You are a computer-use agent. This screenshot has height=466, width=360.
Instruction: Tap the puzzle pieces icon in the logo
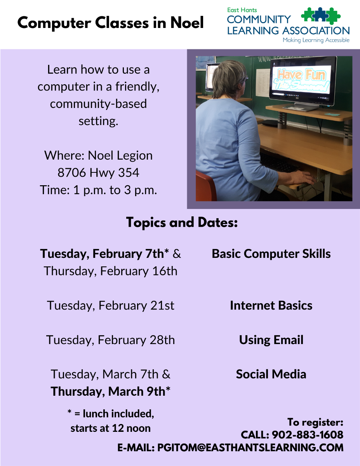tap(320, 16)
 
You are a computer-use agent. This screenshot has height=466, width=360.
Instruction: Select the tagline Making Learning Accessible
tap(316, 40)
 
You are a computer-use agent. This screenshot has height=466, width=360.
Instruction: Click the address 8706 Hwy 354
tap(98, 173)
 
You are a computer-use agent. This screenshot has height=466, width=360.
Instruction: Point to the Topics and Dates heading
tap(182, 223)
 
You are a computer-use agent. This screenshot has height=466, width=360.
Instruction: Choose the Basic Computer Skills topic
tap(271, 254)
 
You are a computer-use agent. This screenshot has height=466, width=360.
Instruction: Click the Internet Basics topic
tap(271, 305)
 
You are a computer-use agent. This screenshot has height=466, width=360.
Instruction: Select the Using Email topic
tap(271, 340)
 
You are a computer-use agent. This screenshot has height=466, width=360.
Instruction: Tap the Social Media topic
tap(271, 374)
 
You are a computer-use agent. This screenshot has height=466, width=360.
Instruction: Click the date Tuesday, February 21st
tap(111, 306)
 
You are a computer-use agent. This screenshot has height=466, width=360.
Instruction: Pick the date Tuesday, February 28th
tap(111, 340)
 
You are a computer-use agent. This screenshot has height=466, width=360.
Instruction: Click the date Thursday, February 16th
tap(111, 271)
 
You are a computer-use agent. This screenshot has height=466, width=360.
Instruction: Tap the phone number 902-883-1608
tap(308, 435)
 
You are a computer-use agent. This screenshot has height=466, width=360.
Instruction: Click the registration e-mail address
tap(250, 448)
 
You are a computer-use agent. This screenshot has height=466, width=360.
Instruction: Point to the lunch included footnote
tap(111, 421)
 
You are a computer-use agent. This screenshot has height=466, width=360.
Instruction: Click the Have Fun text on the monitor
tap(302, 75)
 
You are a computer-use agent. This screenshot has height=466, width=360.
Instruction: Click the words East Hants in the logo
tap(242, 10)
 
